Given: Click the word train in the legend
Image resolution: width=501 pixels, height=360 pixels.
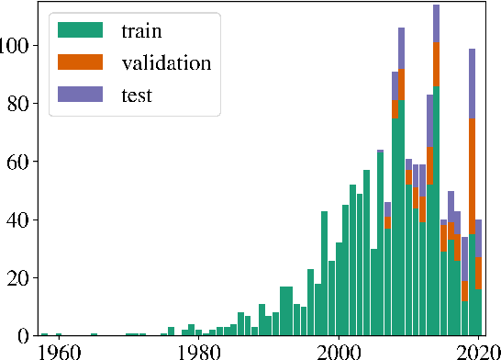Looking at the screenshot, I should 141,31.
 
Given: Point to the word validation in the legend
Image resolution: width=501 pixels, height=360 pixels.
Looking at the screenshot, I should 166,63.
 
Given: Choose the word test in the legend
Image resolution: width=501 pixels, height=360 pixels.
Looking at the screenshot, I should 136,95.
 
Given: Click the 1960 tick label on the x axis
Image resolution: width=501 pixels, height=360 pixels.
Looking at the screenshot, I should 59,350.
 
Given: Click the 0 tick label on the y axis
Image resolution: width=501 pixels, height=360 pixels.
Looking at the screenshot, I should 27,335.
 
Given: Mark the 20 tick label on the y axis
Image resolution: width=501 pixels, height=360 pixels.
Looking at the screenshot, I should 21,277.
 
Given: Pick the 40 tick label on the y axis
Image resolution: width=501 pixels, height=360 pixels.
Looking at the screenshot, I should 21,219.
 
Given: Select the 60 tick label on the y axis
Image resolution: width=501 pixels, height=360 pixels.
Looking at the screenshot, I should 21,162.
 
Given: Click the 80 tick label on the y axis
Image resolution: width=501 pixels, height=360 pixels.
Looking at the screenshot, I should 21,104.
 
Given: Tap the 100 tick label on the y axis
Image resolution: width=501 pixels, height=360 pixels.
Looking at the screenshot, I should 17,46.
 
